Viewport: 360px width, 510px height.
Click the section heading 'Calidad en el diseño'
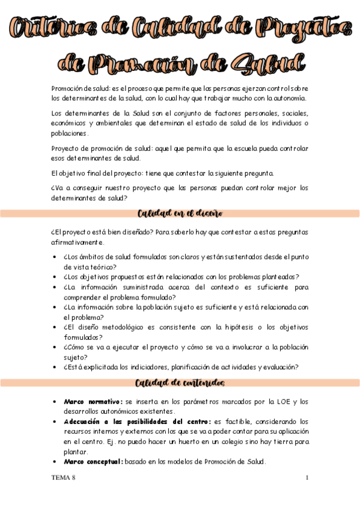[180, 214]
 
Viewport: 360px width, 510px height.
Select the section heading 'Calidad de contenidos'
[180, 383]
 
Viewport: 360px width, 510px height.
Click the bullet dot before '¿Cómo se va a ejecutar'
[55, 348]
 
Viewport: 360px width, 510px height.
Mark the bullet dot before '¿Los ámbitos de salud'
[55, 257]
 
